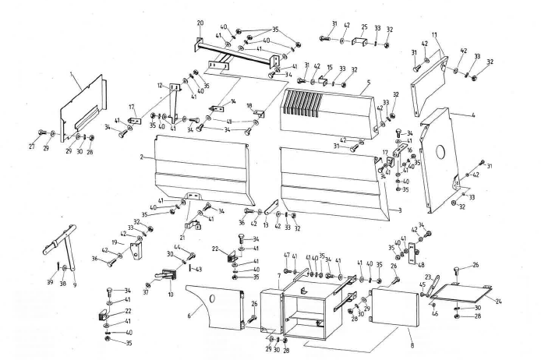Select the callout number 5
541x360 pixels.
pos(368,82)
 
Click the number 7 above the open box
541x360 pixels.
pos(279,277)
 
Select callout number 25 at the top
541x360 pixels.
pos(364,26)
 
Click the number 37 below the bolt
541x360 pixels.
pos(147,282)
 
